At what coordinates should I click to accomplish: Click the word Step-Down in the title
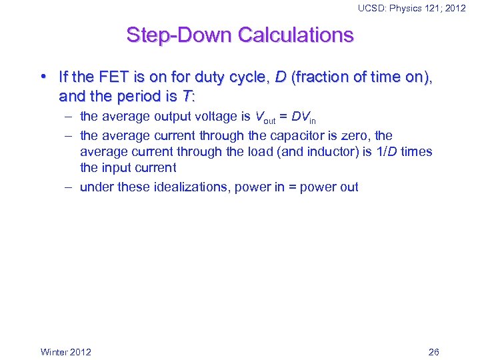pyautogui.click(x=171, y=35)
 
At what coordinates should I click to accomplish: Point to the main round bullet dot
pyautogui.click(x=44, y=77)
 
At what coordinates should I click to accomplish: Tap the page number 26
pyautogui.click(x=433, y=352)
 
